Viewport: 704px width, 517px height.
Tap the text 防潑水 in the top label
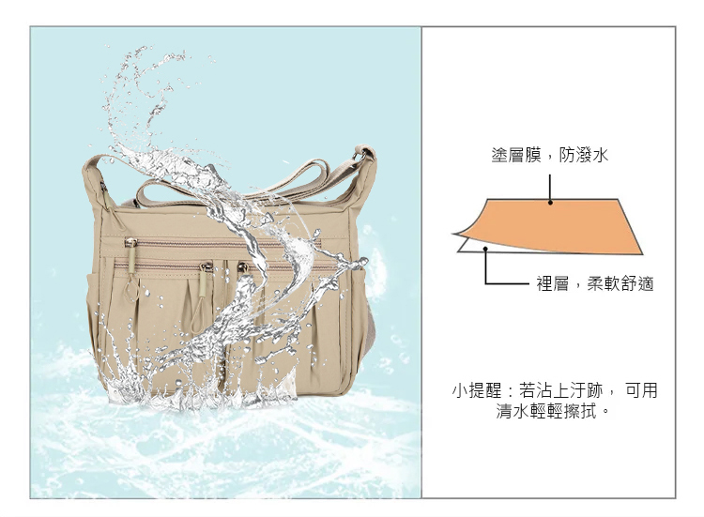[x=584, y=155]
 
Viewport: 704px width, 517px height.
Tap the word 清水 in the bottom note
[x=513, y=411]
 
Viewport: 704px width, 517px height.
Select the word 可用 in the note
[x=641, y=390]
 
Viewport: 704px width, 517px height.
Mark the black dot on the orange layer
[x=550, y=203]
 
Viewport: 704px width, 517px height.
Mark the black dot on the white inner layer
[x=485, y=248]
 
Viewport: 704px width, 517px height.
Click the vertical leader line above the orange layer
[x=550, y=189]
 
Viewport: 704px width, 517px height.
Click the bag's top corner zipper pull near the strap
[x=105, y=194]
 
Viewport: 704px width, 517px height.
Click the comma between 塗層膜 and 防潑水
[x=549, y=160]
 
